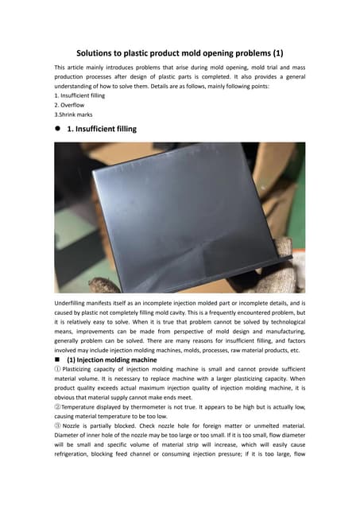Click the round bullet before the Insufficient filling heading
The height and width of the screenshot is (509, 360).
click(58, 129)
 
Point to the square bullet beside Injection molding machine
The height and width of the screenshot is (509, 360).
click(58, 360)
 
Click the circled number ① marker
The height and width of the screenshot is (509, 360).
click(57, 371)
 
